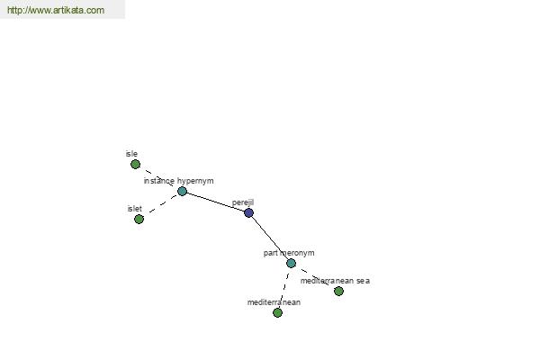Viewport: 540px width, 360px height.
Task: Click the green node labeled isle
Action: tap(135, 165)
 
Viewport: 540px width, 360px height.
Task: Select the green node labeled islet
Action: tap(139, 219)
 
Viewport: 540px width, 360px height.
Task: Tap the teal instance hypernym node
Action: tap(182, 191)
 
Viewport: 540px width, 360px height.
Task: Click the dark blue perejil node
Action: tap(248, 213)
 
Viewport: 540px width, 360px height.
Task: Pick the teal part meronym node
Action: tap(291, 263)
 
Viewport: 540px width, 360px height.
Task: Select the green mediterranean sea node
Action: tap(338, 292)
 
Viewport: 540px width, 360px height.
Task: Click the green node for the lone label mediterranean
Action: tap(277, 313)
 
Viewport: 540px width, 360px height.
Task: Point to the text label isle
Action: tap(131, 154)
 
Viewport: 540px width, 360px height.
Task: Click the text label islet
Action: tap(134, 209)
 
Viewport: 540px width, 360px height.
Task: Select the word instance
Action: tap(159, 181)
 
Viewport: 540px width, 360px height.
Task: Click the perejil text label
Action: tap(243, 202)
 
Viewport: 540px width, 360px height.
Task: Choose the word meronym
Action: tap(297, 253)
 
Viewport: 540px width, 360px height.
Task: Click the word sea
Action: tap(363, 281)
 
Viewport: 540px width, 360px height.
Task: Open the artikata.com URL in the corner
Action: tap(56, 10)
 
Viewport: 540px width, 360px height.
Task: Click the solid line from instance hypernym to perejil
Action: tap(215, 202)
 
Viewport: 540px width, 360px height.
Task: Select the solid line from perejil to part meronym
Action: tap(270, 238)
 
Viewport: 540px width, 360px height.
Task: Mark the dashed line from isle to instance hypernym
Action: tap(158, 178)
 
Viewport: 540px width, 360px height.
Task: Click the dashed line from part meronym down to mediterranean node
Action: tap(284, 288)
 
